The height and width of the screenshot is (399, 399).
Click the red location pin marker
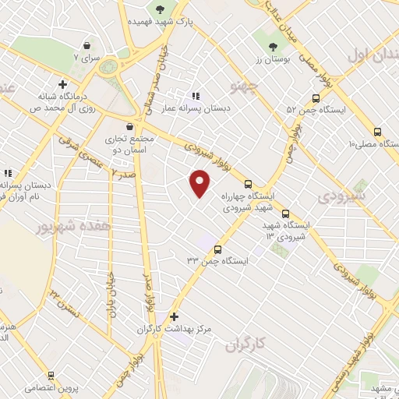tap(200, 183)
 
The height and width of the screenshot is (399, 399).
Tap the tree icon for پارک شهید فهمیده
tap(161, 9)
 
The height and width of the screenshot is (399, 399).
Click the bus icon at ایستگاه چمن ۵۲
tap(316, 98)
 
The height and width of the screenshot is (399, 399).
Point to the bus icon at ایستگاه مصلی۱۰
tap(377, 132)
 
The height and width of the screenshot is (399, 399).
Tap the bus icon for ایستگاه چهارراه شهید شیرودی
tap(248, 185)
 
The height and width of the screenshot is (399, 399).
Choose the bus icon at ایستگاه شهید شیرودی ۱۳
tap(285, 213)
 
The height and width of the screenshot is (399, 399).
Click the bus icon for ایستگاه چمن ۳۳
tap(217, 250)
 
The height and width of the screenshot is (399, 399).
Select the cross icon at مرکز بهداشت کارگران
tap(174, 317)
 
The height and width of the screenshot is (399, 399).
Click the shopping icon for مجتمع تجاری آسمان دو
tap(129, 126)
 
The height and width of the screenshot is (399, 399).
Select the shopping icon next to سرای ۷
tap(86, 46)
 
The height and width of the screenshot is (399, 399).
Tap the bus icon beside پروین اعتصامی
tap(51, 375)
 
